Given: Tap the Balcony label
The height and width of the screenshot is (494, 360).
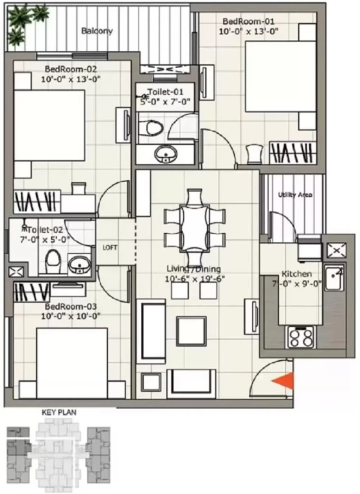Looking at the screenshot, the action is click(97, 31).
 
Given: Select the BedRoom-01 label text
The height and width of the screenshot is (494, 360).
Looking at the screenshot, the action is click(249, 21).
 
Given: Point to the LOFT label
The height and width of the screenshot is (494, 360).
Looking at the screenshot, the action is click(110, 248).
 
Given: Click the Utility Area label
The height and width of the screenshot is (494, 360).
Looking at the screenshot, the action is click(295, 195).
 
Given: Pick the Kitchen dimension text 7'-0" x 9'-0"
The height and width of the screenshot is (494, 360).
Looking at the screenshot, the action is click(297, 284).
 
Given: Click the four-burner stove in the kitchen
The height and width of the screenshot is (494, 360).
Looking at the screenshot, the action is click(300, 337).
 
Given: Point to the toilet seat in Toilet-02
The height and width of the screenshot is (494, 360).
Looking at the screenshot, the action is click(53, 261).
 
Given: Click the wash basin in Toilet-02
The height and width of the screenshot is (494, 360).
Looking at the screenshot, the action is click(79, 265).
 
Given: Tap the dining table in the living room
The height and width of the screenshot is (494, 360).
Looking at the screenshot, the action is click(195, 228).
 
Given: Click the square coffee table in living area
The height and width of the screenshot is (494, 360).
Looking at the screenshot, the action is click(191, 331).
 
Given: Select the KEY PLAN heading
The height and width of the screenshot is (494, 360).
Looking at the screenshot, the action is click(59, 412).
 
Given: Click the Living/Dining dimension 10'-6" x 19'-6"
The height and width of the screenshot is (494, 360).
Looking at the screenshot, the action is click(194, 279).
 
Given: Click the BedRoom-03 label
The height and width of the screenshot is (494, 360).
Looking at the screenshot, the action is click(71, 307).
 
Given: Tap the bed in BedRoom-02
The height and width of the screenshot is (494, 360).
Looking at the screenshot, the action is click(50, 125).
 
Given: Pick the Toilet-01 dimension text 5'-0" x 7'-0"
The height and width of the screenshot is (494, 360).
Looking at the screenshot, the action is click(166, 102).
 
